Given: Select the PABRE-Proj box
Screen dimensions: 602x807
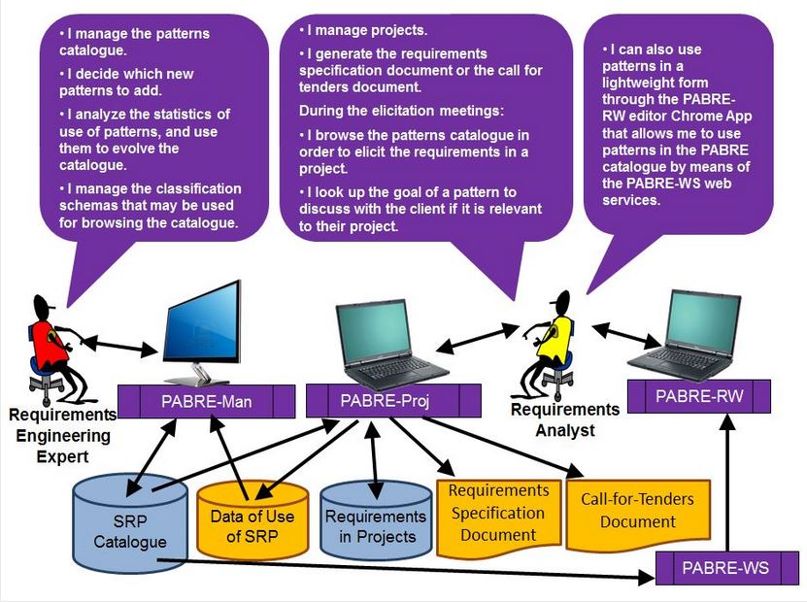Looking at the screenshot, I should click(394, 400).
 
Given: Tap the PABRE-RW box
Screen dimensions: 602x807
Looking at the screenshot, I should click(699, 395).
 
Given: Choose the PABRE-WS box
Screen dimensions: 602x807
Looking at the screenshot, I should click(725, 567).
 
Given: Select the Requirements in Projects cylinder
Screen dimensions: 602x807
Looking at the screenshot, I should click(375, 525).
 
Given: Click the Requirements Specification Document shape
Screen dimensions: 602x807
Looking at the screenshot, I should click(498, 513).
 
